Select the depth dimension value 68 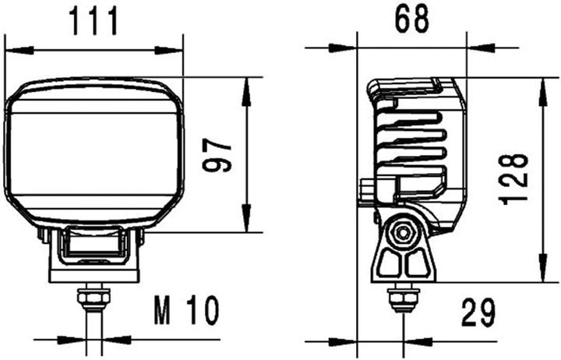pos(411,20)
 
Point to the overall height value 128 pos(515,178)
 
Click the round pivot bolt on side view pos(403,232)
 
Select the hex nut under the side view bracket pos(402,298)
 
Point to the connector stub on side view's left pos(367,190)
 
